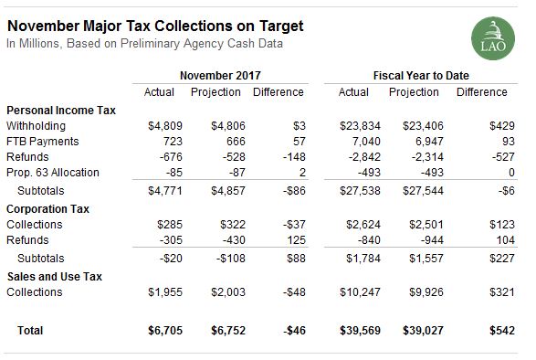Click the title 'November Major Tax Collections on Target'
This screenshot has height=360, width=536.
[x=155, y=26]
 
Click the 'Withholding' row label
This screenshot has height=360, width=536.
[x=35, y=125]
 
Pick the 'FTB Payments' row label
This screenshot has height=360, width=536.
[x=42, y=142]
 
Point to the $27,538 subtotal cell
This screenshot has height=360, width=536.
[x=354, y=191]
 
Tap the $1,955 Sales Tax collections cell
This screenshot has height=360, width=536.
[x=157, y=292]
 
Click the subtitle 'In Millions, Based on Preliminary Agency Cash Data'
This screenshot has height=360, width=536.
[x=144, y=43]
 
